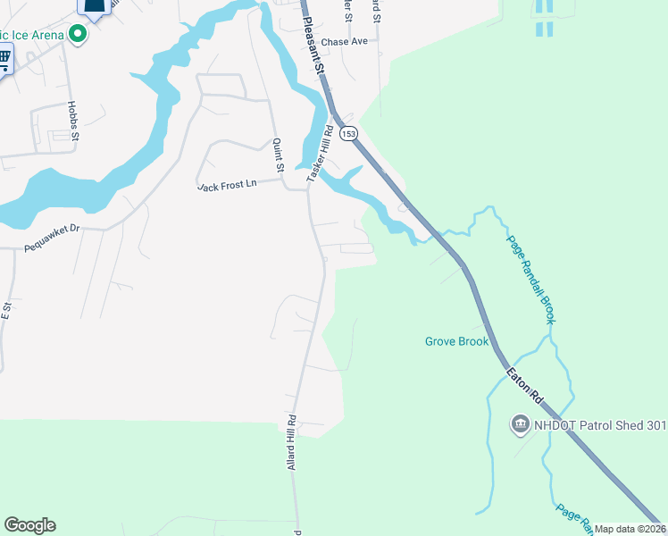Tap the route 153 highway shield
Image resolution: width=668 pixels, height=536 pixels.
348,133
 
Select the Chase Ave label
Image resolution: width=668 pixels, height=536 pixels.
344,42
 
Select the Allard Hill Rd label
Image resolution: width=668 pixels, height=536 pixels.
292,442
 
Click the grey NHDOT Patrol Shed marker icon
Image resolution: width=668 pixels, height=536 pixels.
520,423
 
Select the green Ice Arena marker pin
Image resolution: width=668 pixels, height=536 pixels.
78,35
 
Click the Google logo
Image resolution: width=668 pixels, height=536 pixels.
29,525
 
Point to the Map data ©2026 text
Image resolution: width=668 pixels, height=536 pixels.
630,529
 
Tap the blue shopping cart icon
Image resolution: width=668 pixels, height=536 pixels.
4,60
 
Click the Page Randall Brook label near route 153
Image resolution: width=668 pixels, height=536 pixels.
532,278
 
